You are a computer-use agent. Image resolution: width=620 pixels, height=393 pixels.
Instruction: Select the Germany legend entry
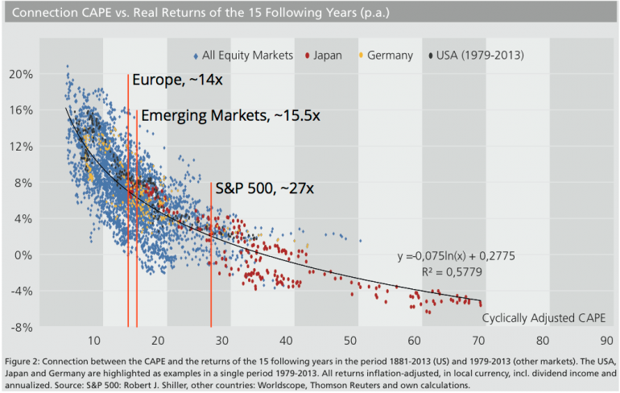390,56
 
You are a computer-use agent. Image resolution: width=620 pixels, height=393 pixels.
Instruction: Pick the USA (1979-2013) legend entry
482,56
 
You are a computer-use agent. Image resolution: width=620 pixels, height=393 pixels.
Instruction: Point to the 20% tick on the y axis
43,73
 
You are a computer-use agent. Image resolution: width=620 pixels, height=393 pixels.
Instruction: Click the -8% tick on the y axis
43,328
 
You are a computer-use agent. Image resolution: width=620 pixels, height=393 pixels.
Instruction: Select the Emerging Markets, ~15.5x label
231,116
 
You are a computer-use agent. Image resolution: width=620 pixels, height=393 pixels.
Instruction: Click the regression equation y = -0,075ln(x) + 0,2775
456,256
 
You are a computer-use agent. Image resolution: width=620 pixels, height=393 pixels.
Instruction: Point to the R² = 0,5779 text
456,273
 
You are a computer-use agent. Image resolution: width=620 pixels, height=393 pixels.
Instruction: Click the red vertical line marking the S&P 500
211,266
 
